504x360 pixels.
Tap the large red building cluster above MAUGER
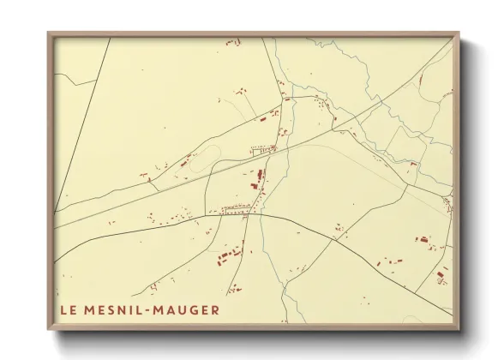(x=229, y=255)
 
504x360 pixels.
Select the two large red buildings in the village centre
(x=258, y=179)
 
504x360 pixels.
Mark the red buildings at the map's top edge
(x=231, y=41)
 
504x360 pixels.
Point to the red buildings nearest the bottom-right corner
(x=441, y=275)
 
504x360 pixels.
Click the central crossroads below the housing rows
(x=250, y=214)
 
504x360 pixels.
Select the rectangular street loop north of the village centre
(x=262, y=152)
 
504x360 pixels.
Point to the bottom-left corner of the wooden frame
(x=49, y=328)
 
